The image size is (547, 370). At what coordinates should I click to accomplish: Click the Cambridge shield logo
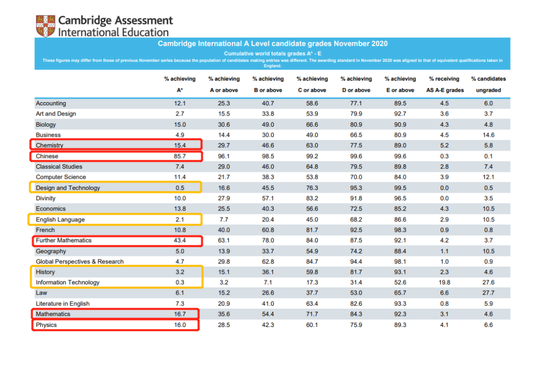pos(46,26)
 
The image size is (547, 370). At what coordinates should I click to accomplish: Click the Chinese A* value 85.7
pos(180,156)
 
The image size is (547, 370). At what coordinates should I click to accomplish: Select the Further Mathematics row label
pos(64,241)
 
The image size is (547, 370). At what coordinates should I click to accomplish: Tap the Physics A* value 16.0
pos(180,325)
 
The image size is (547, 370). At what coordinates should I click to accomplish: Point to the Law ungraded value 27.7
pos(488,293)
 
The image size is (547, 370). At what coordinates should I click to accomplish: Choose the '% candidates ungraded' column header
pos(488,85)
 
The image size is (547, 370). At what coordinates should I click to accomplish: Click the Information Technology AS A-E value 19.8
pos(444,282)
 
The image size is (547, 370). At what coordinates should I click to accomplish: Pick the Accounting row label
pos(51,103)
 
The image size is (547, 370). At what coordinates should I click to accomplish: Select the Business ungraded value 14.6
pos(488,135)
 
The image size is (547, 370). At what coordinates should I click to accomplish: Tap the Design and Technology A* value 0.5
pos(180,188)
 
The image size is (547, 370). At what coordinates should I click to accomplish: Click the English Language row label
pos(60,219)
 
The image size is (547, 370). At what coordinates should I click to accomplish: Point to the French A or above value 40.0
pos(224,230)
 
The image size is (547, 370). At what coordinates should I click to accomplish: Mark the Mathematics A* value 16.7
pos(180,314)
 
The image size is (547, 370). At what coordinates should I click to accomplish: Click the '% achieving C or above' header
pos(312,85)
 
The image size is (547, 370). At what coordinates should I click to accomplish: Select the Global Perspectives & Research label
pos(80,262)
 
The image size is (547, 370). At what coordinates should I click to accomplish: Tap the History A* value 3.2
pos(180,272)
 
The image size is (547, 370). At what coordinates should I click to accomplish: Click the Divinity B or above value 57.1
pos(268,198)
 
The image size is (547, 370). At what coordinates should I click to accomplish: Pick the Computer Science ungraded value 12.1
pos(488,177)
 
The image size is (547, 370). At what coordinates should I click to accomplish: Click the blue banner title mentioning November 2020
pos(273,44)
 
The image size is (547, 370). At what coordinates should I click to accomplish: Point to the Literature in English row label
pos(62,304)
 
